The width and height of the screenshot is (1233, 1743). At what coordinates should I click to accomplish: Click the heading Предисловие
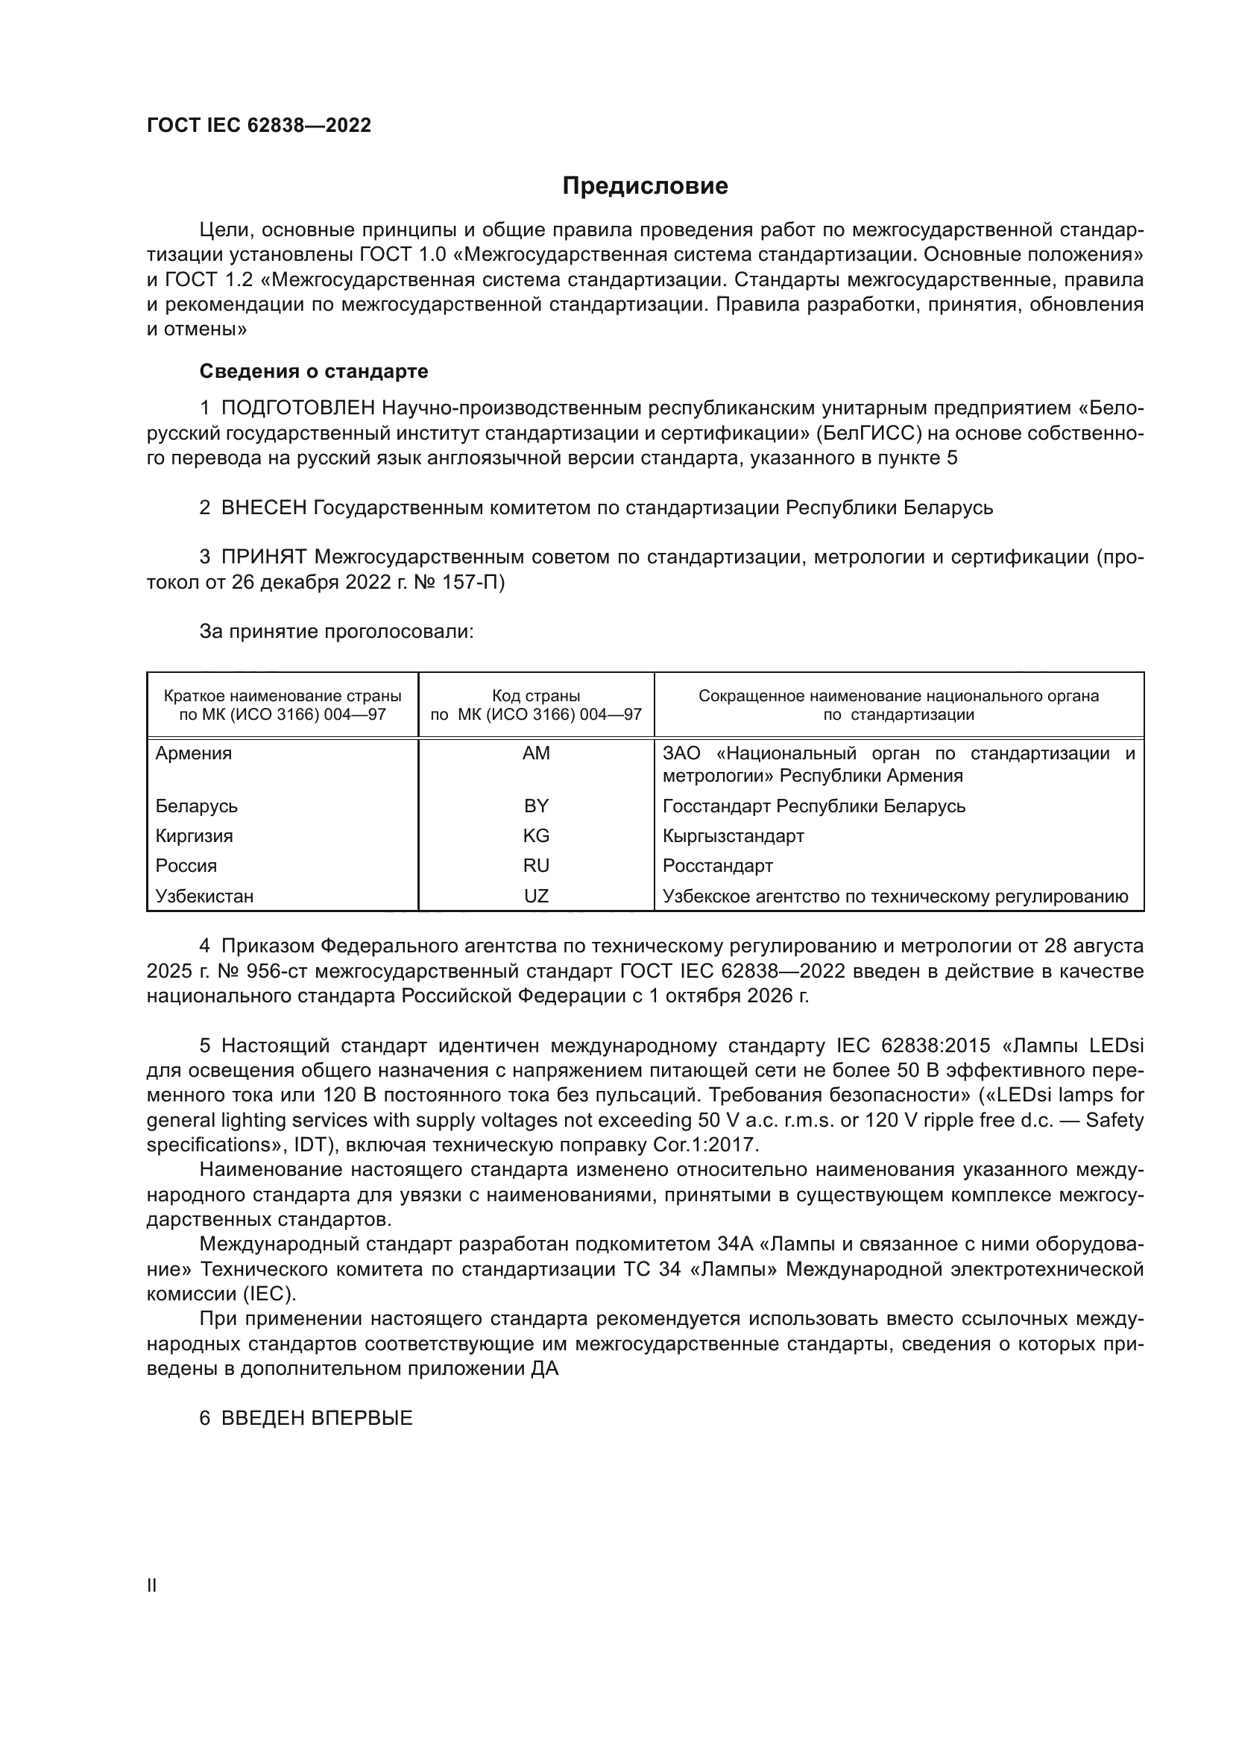click(645, 186)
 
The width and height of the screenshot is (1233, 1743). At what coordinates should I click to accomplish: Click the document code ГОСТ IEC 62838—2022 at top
click(259, 125)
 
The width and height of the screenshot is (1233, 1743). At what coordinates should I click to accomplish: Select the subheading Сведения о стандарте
click(314, 371)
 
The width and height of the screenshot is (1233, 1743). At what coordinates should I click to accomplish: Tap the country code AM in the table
click(536, 754)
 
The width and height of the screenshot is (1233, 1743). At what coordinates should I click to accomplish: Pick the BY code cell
click(536, 806)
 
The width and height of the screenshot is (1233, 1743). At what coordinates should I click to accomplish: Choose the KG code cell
click(536, 836)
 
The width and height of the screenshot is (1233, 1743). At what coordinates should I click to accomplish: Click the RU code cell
click(536, 866)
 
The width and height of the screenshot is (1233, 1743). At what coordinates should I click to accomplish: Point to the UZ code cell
click(536, 896)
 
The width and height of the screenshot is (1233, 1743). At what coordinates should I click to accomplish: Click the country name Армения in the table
click(194, 754)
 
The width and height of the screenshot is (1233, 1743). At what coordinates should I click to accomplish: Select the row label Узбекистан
click(204, 896)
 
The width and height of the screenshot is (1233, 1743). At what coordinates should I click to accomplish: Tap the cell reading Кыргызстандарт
click(733, 836)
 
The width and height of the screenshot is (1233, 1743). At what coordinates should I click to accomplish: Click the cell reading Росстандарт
click(717, 866)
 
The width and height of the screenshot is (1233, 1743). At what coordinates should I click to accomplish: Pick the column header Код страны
click(536, 696)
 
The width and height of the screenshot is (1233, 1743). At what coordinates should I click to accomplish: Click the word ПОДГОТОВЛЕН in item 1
click(297, 408)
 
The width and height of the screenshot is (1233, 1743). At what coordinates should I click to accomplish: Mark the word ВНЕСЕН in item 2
click(263, 508)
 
